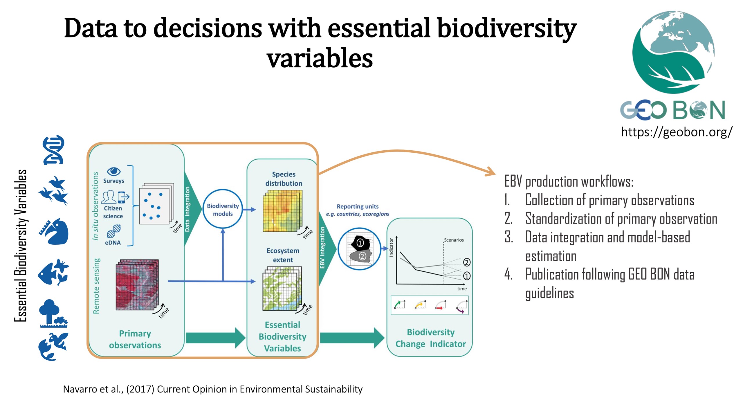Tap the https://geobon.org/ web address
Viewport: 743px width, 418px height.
677,132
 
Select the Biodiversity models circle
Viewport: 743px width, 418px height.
223,209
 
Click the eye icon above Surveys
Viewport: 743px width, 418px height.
113,171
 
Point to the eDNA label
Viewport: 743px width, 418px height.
113,242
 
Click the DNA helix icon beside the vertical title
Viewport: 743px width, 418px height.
54,149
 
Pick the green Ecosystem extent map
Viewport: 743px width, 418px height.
282,289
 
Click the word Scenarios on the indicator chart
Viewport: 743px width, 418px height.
454,240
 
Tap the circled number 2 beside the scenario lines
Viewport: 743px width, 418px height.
466,262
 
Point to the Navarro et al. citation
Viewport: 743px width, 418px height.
213,389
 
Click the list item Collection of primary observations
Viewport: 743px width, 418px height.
609,200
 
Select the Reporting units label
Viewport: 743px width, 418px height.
358,206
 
